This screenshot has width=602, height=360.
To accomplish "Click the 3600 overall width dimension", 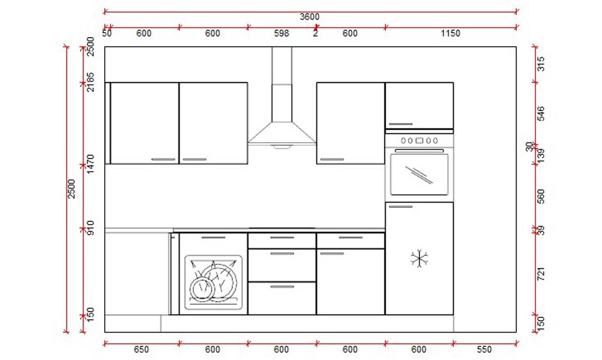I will pyautogui.click(x=310, y=17).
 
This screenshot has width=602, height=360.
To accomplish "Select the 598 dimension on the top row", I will pyautogui.click(x=281, y=33).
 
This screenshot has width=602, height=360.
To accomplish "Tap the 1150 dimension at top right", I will pyautogui.click(x=450, y=33).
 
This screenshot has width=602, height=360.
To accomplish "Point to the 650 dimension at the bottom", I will pyautogui.click(x=141, y=350).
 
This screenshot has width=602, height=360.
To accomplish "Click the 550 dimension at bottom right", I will pyautogui.click(x=484, y=350).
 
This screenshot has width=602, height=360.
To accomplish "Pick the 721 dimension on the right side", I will pyautogui.click(x=541, y=276).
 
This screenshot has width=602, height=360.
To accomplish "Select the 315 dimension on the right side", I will pyautogui.click(x=541, y=64).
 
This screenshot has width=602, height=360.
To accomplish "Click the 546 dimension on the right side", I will pyautogui.click(x=541, y=114).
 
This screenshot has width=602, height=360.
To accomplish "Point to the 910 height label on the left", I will pyautogui.click(x=90, y=228).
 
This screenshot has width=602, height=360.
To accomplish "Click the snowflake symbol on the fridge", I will pyautogui.click(x=419, y=259).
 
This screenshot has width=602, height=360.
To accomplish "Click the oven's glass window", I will pyautogui.click(x=419, y=175).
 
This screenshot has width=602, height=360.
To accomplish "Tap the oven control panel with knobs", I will pyautogui.click(x=419, y=140).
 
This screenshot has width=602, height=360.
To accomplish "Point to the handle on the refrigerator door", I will pyautogui.click(x=400, y=207).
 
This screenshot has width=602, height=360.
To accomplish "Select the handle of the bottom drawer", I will pyautogui.click(x=281, y=287).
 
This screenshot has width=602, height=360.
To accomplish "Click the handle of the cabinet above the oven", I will pyautogui.click(x=400, y=125).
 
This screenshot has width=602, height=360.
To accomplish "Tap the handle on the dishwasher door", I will pyautogui.click(x=213, y=237).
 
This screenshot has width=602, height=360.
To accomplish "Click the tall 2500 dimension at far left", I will pyautogui.click(x=72, y=189).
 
